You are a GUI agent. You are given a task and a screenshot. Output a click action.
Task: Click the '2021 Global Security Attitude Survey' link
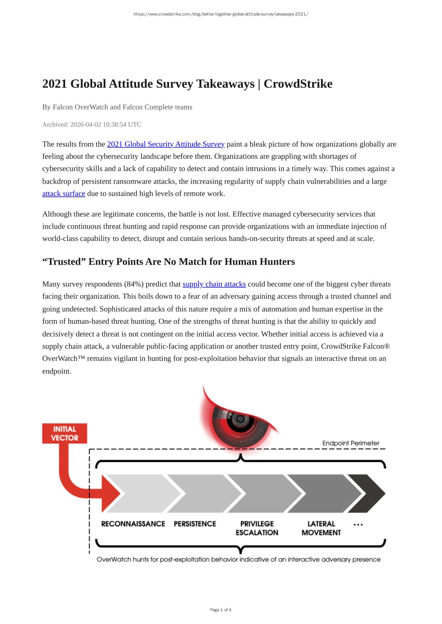point(165,144)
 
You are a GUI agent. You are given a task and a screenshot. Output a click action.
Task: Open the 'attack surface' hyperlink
point(64,194)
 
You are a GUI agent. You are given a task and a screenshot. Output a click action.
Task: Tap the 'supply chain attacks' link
point(214,284)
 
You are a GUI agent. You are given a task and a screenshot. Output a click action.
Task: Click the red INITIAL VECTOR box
point(64,433)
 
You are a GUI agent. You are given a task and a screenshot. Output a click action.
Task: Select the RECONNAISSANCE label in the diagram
point(133,524)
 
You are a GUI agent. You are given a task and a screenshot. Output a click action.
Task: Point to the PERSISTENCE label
point(195,524)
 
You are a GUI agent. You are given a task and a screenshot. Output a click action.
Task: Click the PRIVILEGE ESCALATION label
point(257,528)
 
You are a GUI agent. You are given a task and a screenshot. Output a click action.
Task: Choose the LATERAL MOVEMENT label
point(321,528)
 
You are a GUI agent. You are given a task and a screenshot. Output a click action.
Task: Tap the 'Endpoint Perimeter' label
point(351,443)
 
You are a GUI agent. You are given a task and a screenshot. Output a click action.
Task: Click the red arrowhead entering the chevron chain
point(110,493)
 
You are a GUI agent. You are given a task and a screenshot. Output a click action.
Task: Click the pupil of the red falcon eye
point(240,419)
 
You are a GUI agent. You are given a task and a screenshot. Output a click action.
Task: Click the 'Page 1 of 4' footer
point(221,610)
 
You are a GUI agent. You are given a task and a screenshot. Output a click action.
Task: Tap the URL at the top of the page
point(221,14)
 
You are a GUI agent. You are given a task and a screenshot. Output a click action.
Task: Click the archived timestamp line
point(92,124)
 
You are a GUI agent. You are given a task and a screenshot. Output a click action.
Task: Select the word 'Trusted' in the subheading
point(65,262)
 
